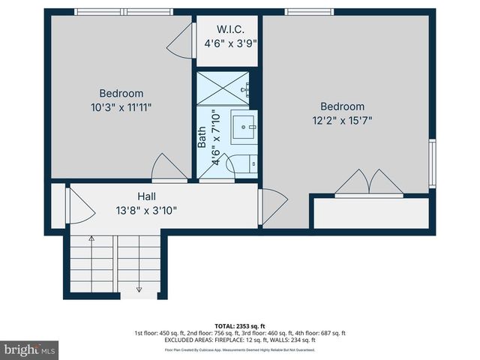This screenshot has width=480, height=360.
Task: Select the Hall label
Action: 146,196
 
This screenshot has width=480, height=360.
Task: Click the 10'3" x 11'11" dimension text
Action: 121,107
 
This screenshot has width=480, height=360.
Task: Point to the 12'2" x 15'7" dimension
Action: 343,120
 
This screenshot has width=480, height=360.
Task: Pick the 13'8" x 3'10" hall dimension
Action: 146,210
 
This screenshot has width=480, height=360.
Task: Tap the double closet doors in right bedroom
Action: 369,184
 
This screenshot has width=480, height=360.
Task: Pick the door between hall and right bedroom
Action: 271,206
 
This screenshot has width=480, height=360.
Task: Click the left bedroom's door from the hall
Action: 169,168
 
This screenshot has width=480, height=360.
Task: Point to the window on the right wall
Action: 431,163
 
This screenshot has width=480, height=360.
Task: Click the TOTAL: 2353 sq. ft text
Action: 240,326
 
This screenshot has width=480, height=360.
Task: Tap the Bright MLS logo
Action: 30,350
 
